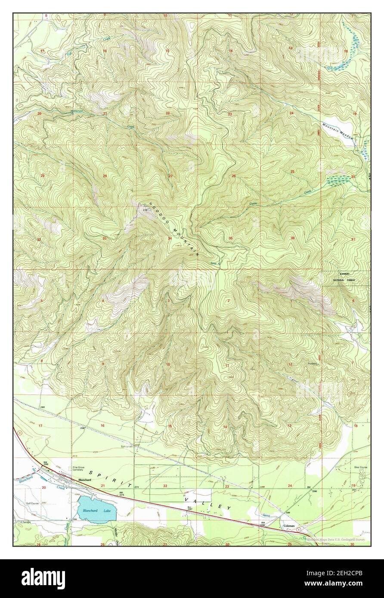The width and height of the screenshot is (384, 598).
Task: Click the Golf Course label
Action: click(x=32, y=502)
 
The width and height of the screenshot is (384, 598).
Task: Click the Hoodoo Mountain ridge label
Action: click(x=174, y=229)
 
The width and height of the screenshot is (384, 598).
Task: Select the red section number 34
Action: click(x=170, y=238)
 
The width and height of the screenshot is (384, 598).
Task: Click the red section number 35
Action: click(x=231, y=238)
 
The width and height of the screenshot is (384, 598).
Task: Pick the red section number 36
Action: click(x=292, y=238)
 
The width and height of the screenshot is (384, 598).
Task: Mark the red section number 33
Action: click(x=104, y=238)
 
